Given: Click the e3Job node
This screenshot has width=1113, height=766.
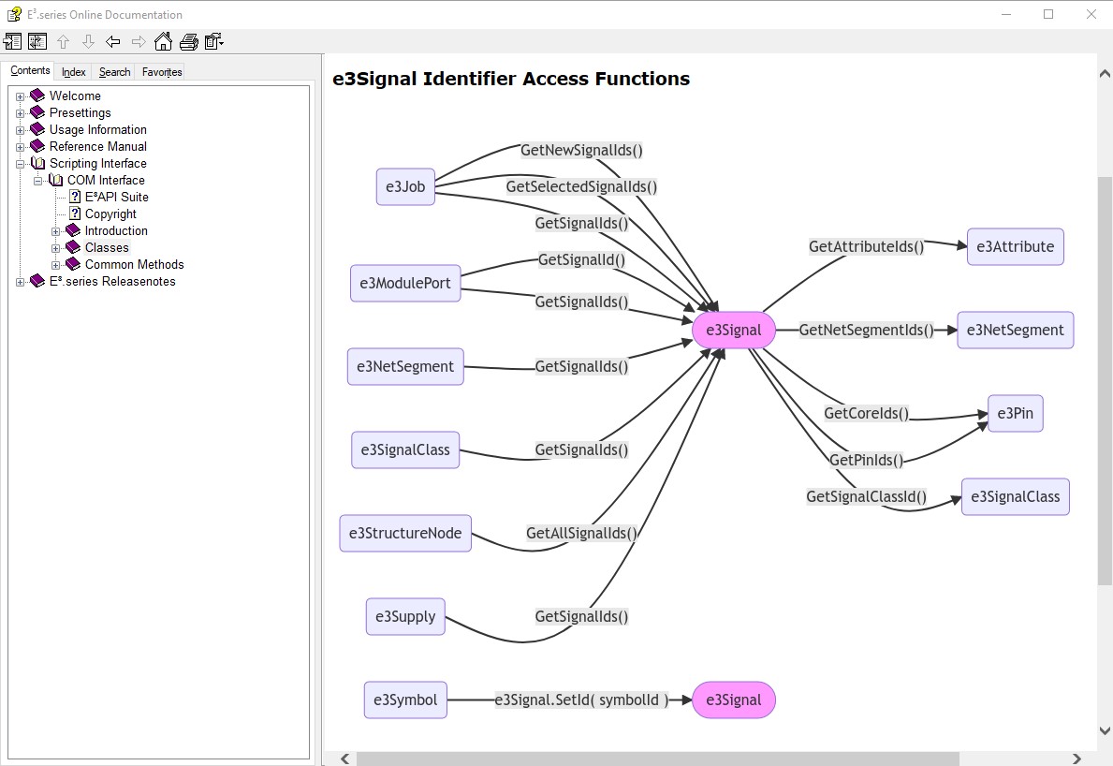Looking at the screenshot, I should (405, 186).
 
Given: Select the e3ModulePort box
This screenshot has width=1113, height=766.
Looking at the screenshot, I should (405, 283).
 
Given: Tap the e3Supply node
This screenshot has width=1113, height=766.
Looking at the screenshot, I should (405, 616).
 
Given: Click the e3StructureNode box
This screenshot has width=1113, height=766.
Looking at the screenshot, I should (405, 533).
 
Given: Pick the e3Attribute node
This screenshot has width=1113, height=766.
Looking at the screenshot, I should (1015, 247).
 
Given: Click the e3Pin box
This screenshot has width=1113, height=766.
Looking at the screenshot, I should (1015, 413).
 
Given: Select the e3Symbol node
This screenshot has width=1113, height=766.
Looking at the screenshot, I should (405, 700).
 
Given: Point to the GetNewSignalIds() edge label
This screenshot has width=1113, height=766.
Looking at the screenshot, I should (581, 150).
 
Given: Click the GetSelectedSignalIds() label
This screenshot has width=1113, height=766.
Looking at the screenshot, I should (581, 186).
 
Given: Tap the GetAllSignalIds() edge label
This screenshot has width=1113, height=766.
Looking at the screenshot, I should (581, 533).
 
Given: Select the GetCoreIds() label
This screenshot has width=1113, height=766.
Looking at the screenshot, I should (866, 413).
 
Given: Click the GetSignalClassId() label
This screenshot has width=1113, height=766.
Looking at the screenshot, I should (866, 496).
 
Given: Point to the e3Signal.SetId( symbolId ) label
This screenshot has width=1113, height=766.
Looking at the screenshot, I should (581, 700).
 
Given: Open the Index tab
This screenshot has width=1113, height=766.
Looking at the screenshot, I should (74, 72).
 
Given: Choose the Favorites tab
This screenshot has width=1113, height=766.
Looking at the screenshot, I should (162, 72).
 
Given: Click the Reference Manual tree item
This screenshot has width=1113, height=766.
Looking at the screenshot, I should (98, 146).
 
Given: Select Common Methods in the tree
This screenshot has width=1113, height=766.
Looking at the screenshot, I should (134, 264).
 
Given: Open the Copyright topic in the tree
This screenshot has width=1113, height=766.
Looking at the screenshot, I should (110, 214).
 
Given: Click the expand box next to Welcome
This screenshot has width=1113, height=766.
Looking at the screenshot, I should (21, 96).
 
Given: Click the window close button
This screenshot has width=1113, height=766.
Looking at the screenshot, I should (1091, 14).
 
